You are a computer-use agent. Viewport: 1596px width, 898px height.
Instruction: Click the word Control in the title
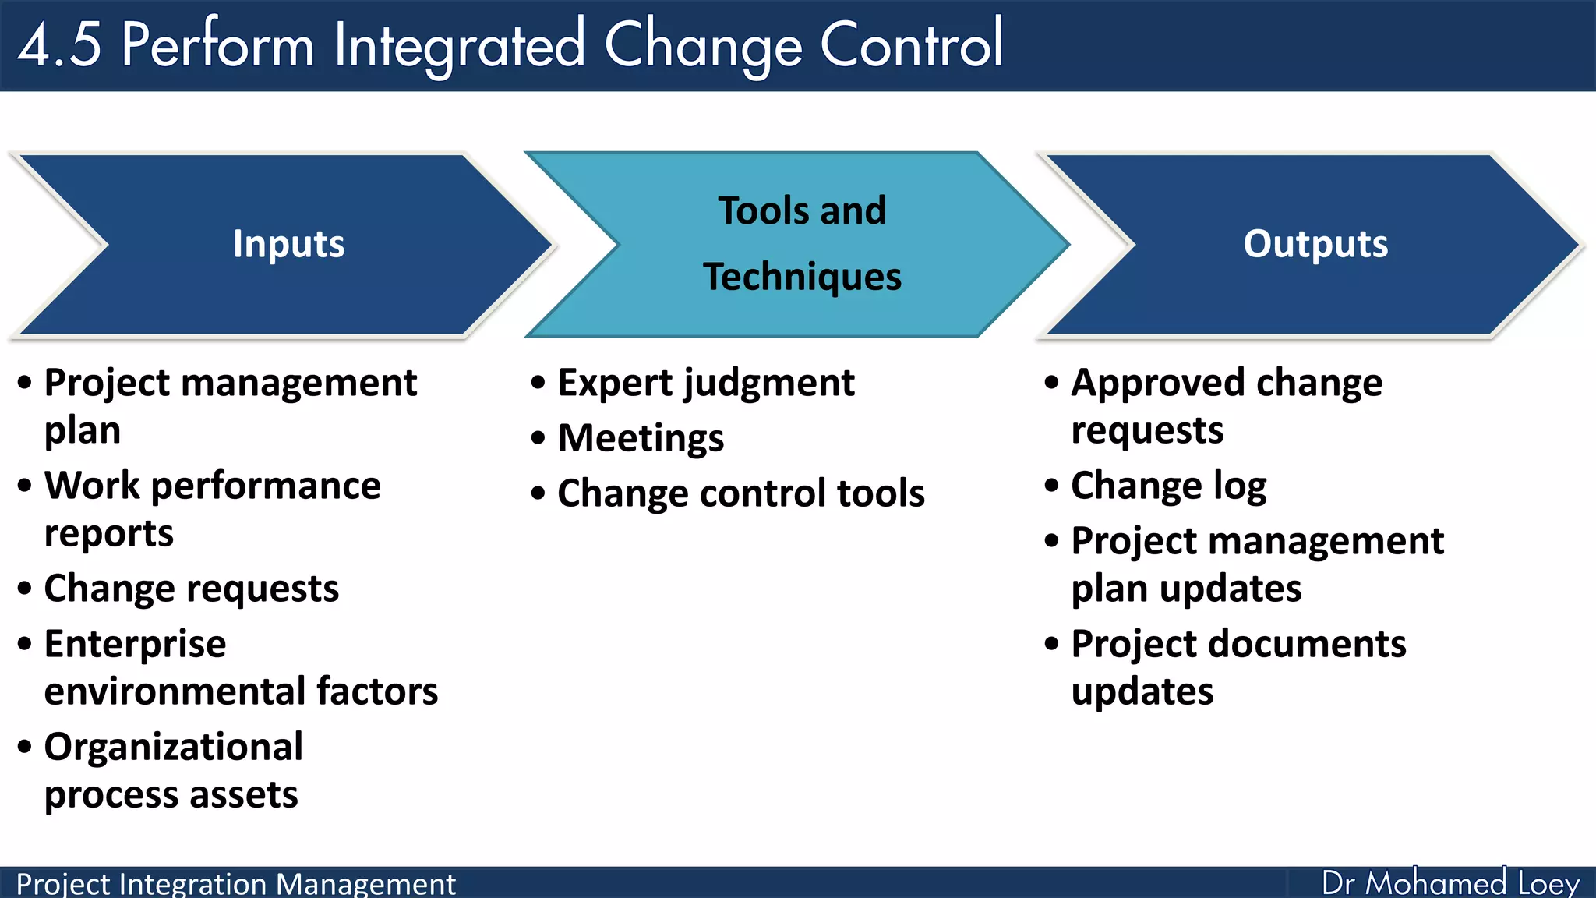coord(911,45)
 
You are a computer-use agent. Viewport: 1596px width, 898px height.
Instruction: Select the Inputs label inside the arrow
coord(288,244)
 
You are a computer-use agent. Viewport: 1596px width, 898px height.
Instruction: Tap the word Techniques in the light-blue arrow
coord(802,277)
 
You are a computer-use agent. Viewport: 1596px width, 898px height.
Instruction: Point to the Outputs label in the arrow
coord(1315,244)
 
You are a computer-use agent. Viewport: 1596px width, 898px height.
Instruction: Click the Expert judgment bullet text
coord(705,384)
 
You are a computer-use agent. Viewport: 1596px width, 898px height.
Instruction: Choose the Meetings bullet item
coord(641,438)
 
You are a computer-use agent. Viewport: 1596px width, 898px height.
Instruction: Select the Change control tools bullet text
coord(740,493)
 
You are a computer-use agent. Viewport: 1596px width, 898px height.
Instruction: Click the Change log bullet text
coord(1168,486)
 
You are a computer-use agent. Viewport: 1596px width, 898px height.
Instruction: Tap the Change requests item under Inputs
coord(191,589)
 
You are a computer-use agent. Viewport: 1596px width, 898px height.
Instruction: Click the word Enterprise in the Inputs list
coord(135,645)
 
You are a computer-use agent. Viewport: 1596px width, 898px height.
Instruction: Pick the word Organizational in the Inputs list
coord(173,748)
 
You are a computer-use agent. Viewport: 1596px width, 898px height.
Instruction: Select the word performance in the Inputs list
coord(266,486)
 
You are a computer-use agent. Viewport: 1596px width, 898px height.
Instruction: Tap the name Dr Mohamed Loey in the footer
coord(1449,883)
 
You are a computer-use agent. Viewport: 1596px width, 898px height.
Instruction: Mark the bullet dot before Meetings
coord(538,438)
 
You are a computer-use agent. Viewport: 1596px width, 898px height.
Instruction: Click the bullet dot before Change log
coord(1051,486)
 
